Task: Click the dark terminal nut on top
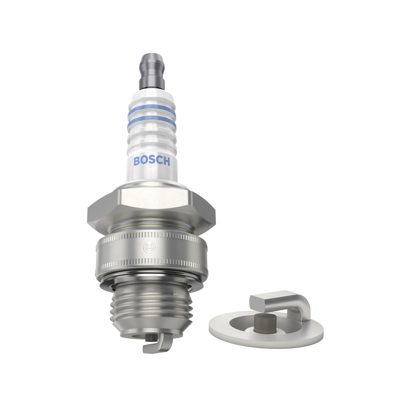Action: pos(152,71)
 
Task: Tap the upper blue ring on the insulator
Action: pos(152,111)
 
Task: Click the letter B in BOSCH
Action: pos(137,161)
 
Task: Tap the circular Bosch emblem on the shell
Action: pos(149,248)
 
